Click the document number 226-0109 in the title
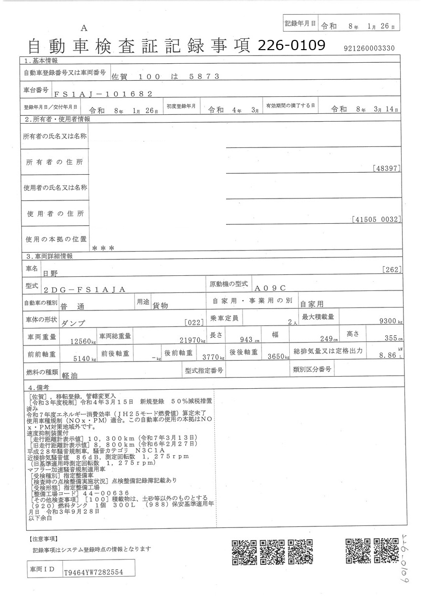pos(291,45)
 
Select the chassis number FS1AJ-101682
pos(102,94)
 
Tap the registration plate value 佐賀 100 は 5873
pos(166,76)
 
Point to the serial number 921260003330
pos(369,48)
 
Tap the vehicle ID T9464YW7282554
pos(93,573)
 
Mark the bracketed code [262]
pos(391,270)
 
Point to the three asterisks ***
pos(103,248)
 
